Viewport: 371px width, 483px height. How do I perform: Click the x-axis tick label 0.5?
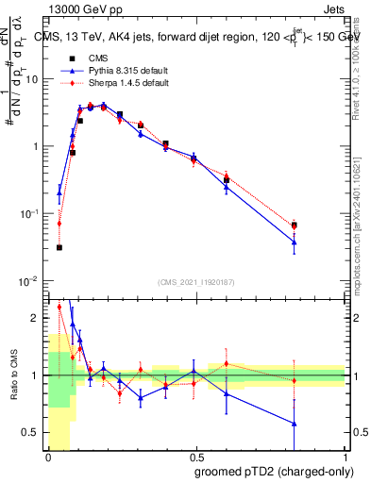(x=196, y=457)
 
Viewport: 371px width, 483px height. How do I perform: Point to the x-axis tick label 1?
(x=346, y=457)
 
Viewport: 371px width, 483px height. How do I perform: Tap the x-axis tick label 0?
(x=48, y=457)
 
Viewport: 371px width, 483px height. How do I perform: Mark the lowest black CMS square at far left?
(x=59, y=247)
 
